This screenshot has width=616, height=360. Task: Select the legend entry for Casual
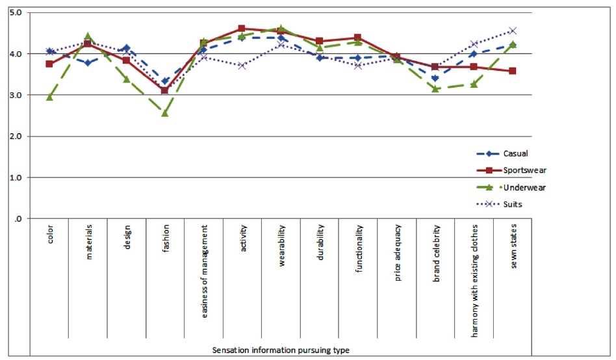click(515, 154)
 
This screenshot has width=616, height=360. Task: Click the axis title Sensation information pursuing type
click(281, 350)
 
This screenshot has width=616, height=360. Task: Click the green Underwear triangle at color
click(49, 97)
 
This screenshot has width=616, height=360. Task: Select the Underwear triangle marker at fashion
click(165, 112)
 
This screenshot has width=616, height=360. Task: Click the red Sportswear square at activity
click(242, 29)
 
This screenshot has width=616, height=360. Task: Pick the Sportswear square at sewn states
click(513, 71)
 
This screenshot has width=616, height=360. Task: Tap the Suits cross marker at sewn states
click(513, 31)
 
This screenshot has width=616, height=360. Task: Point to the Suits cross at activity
click(242, 66)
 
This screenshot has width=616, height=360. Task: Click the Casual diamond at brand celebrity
click(435, 78)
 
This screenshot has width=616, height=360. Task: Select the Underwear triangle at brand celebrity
click(435, 88)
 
